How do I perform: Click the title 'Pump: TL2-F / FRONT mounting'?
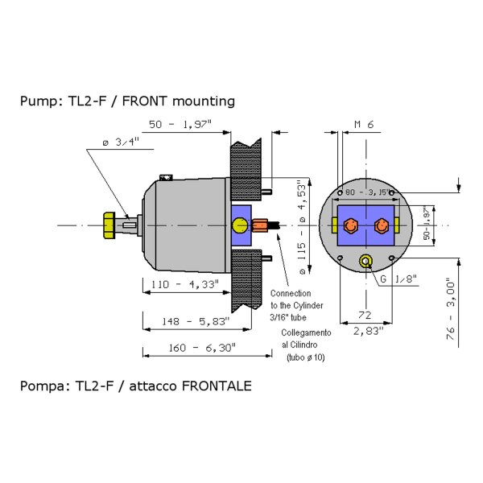click(x=127, y=101)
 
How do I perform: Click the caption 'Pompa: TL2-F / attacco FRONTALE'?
click(x=135, y=386)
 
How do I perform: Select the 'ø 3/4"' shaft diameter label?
click(x=121, y=142)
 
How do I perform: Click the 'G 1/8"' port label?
click(x=398, y=279)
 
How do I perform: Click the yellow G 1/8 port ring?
click(x=366, y=261)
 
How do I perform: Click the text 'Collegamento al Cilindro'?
click(x=306, y=337)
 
